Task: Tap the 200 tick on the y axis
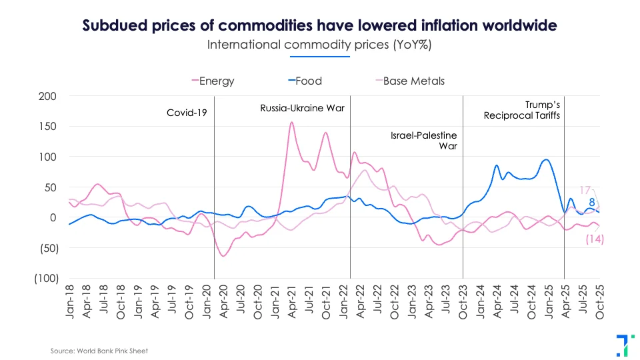pyautogui.click(x=47, y=96)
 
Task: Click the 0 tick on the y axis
pyautogui.click(x=53, y=218)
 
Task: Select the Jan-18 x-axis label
pyautogui.click(x=70, y=303)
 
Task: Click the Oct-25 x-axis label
pyautogui.click(x=599, y=303)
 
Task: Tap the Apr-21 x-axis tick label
pyautogui.click(x=291, y=303)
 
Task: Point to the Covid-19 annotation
pyautogui.click(x=187, y=113)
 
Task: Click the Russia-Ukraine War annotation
pyautogui.click(x=302, y=107)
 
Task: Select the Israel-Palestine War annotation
pyautogui.click(x=424, y=140)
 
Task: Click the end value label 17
pyautogui.click(x=585, y=189)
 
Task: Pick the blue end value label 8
pyautogui.click(x=591, y=203)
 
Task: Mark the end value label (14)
pyautogui.click(x=594, y=239)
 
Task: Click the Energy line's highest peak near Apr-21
pyautogui.click(x=291, y=123)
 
